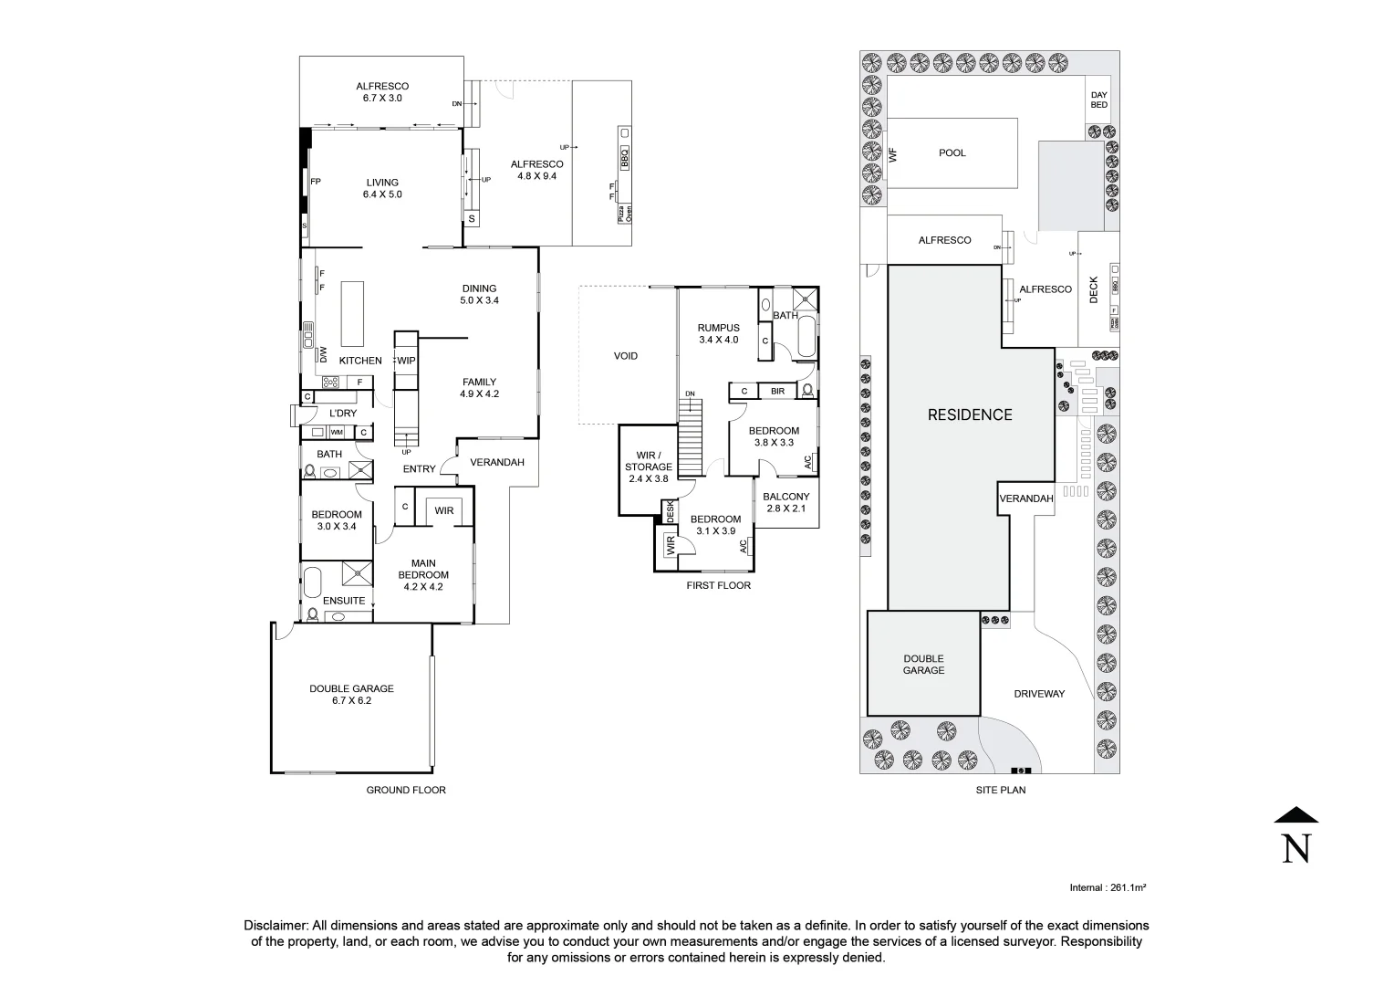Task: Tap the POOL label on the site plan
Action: (x=952, y=153)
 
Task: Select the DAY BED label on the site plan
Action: (x=1099, y=100)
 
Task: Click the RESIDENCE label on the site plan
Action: (x=970, y=414)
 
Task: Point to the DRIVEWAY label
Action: (x=1039, y=694)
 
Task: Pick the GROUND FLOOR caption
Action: (x=406, y=790)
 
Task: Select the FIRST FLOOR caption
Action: (x=719, y=585)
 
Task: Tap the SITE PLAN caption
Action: (x=1000, y=790)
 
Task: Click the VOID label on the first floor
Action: (x=626, y=356)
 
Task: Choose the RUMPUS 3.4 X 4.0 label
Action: (x=718, y=334)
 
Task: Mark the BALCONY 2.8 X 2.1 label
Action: (x=785, y=503)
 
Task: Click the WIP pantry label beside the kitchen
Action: (x=406, y=361)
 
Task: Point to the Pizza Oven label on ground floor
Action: (x=625, y=214)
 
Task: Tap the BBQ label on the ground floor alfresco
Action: (x=625, y=158)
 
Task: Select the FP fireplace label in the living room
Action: (x=316, y=182)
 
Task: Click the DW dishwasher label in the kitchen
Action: (x=323, y=353)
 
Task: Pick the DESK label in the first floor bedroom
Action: (x=670, y=511)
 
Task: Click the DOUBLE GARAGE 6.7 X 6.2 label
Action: (x=351, y=695)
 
